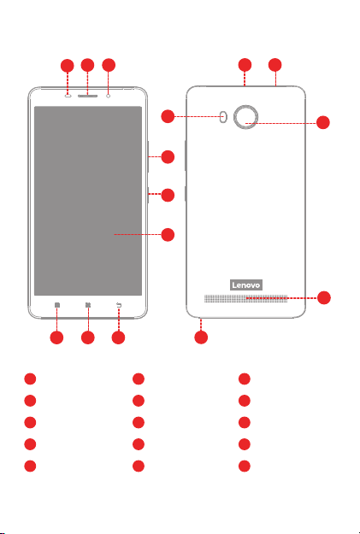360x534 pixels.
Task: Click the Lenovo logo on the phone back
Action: pyautogui.click(x=246, y=285)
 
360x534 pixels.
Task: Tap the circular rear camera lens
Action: pyautogui.click(x=245, y=117)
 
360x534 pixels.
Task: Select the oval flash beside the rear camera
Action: pyautogui.click(x=224, y=117)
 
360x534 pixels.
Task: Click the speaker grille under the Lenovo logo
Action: pyautogui.click(x=245, y=299)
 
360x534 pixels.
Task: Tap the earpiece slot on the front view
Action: pyautogui.click(x=87, y=96)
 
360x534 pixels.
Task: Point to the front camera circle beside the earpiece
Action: pyautogui.click(x=109, y=96)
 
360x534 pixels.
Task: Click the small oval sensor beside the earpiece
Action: pyautogui.click(x=68, y=96)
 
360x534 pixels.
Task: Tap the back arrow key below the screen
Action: pyautogui.click(x=119, y=305)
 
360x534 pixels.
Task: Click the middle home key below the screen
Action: pyautogui.click(x=88, y=305)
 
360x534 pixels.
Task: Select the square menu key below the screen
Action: pyautogui.click(x=57, y=305)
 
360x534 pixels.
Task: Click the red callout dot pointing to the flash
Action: pyautogui.click(x=168, y=116)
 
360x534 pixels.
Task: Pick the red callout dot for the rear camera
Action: pyautogui.click(x=323, y=122)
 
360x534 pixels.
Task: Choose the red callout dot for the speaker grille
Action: pyautogui.click(x=324, y=297)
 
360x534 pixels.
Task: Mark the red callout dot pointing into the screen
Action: pyautogui.click(x=168, y=235)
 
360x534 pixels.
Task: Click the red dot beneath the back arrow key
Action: pyautogui.click(x=118, y=337)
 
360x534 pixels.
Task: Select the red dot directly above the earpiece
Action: pyautogui.click(x=87, y=65)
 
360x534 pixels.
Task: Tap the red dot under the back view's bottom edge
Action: pyautogui.click(x=201, y=337)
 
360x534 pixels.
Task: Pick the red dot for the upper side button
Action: pyautogui.click(x=168, y=157)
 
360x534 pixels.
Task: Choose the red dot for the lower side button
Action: pyautogui.click(x=168, y=195)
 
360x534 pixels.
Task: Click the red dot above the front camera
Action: pyautogui.click(x=109, y=65)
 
